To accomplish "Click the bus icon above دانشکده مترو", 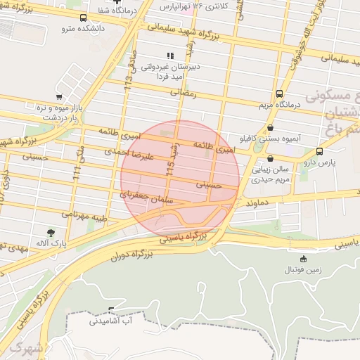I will coord(84,18).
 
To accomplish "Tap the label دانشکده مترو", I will coord(84,29).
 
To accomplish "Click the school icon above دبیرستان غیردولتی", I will coord(169,55).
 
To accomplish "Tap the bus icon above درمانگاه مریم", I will coord(280,94).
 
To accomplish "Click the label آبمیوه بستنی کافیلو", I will coord(271,138).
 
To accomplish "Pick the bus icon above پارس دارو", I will coord(320,151).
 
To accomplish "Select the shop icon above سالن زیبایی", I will coord(271,159).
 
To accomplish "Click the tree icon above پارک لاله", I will coord(50,233).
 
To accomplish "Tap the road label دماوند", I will coord(259,202).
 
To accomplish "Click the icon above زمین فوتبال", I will coord(303,259).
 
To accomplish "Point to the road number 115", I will coord(169,168).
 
